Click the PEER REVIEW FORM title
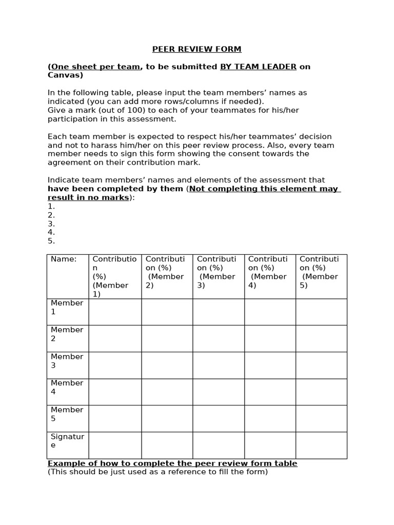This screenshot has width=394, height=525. click(x=196, y=49)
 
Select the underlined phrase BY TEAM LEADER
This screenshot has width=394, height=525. click(x=258, y=67)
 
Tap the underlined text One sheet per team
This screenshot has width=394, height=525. click(x=95, y=67)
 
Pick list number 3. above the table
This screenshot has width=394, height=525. click(x=51, y=224)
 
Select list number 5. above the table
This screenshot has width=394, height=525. click(x=51, y=241)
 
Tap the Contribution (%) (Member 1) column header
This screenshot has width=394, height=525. click(x=114, y=276)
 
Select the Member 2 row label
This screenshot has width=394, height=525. click(x=67, y=334)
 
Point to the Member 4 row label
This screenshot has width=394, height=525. click(x=67, y=388)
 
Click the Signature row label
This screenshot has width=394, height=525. click(x=67, y=441)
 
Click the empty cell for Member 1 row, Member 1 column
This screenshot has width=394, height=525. click(x=115, y=312)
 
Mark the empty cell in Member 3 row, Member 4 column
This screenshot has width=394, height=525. click(x=270, y=365)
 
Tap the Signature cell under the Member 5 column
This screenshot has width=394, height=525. click(x=321, y=445)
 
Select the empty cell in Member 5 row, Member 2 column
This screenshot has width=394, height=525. click(x=167, y=418)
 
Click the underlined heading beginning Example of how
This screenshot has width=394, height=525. click(x=172, y=463)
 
